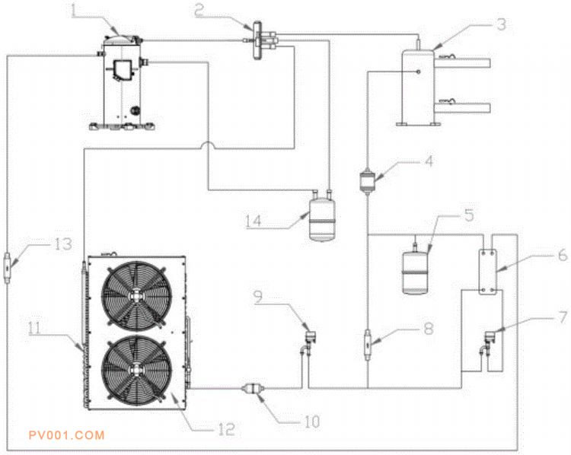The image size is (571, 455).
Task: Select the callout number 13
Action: [63, 243]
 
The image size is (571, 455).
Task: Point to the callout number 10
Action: [311, 420]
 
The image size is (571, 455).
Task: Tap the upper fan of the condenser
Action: [136, 293]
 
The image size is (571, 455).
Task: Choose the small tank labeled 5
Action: [416, 266]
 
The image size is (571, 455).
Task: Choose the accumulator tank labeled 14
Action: [322, 219]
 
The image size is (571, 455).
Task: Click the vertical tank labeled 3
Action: [416, 84]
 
